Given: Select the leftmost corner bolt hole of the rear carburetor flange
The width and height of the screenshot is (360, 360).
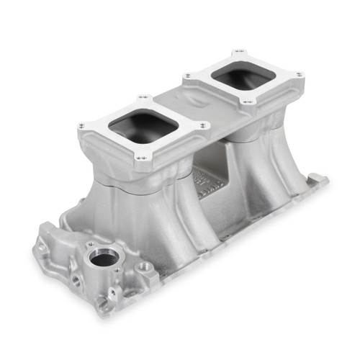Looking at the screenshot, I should click(187, 75).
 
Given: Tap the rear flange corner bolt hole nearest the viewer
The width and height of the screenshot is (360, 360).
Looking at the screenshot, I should click(246, 102).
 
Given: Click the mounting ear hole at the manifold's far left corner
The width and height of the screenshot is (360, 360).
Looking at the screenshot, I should click(42, 246).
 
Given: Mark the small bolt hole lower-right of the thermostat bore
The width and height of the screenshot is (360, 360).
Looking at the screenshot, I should click(117, 271).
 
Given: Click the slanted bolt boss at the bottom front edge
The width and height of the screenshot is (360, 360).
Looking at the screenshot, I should click(113, 295).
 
